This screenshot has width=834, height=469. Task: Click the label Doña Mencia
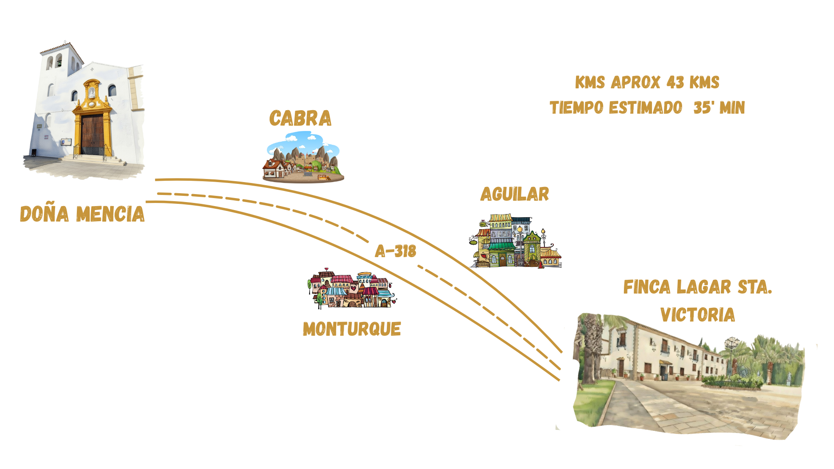click(x=82, y=214)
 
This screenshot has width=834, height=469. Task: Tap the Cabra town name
click(x=300, y=119)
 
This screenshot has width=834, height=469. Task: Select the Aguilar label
click(x=515, y=194)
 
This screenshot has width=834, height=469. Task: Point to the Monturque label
click(x=352, y=329)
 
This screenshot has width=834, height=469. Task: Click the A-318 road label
click(x=395, y=251)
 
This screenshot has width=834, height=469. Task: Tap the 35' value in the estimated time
click(x=703, y=108)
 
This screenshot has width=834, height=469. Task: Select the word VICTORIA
click(x=697, y=315)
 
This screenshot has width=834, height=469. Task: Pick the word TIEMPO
click(x=577, y=108)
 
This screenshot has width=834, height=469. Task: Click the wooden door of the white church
click(x=92, y=133)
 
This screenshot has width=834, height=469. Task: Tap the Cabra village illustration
click(x=303, y=158)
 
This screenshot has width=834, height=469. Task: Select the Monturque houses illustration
click(x=351, y=290)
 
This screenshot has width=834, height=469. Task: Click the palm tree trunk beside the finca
click(x=591, y=360)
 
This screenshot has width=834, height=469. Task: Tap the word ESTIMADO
click(x=645, y=108)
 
